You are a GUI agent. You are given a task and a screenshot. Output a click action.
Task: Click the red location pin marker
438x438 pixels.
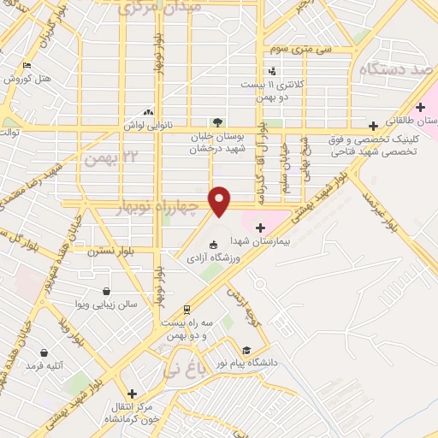221,199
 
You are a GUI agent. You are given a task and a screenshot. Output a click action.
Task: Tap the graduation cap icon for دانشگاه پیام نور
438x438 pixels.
246,350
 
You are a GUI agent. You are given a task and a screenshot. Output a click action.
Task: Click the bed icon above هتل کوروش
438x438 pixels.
27,65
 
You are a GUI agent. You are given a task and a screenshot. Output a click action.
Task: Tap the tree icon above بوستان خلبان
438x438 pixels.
218,121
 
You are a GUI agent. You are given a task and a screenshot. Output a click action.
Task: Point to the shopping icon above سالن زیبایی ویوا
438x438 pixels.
105,291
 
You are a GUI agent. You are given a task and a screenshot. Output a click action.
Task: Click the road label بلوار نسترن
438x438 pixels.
106,252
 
